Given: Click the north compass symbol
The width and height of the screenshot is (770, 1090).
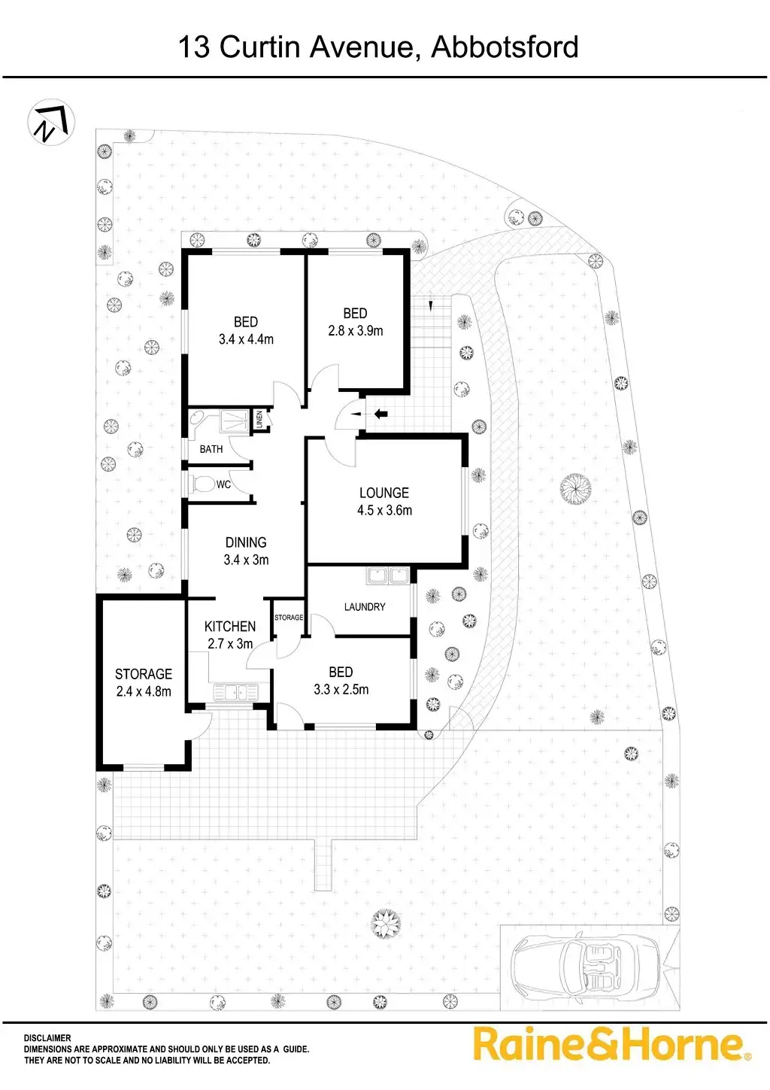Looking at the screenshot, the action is click(x=51, y=123).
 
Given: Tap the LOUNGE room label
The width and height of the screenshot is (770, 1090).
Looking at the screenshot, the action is click(x=383, y=493).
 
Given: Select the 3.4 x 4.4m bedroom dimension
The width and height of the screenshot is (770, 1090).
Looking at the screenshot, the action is click(x=246, y=339).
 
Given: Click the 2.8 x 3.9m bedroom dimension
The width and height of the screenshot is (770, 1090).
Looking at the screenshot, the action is click(x=355, y=330).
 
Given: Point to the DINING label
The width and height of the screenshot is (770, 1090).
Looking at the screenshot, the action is click(x=246, y=542).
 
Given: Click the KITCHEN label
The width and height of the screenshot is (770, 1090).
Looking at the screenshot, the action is click(x=230, y=627).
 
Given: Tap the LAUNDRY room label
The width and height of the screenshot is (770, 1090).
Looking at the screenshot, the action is click(x=365, y=607).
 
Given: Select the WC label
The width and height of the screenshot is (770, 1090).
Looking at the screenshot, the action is click(x=223, y=484).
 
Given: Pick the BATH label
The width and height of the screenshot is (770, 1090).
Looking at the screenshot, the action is click(x=211, y=449).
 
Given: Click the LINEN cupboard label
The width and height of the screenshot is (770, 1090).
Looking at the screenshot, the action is click(x=259, y=418).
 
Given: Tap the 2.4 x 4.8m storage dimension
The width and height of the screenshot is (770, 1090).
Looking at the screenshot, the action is click(x=144, y=691).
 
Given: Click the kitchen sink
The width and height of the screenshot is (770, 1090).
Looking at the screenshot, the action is click(x=236, y=691).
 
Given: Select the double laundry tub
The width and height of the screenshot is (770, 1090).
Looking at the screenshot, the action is click(x=387, y=576).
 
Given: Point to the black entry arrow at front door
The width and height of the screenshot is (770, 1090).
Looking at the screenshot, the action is click(x=380, y=413).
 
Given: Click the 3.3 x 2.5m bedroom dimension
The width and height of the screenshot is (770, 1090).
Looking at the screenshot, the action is click(x=341, y=689).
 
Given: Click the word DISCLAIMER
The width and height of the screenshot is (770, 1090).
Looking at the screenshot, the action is click(x=47, y=1038).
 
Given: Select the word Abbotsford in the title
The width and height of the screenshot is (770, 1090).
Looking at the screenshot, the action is click(x=505, y=47).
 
